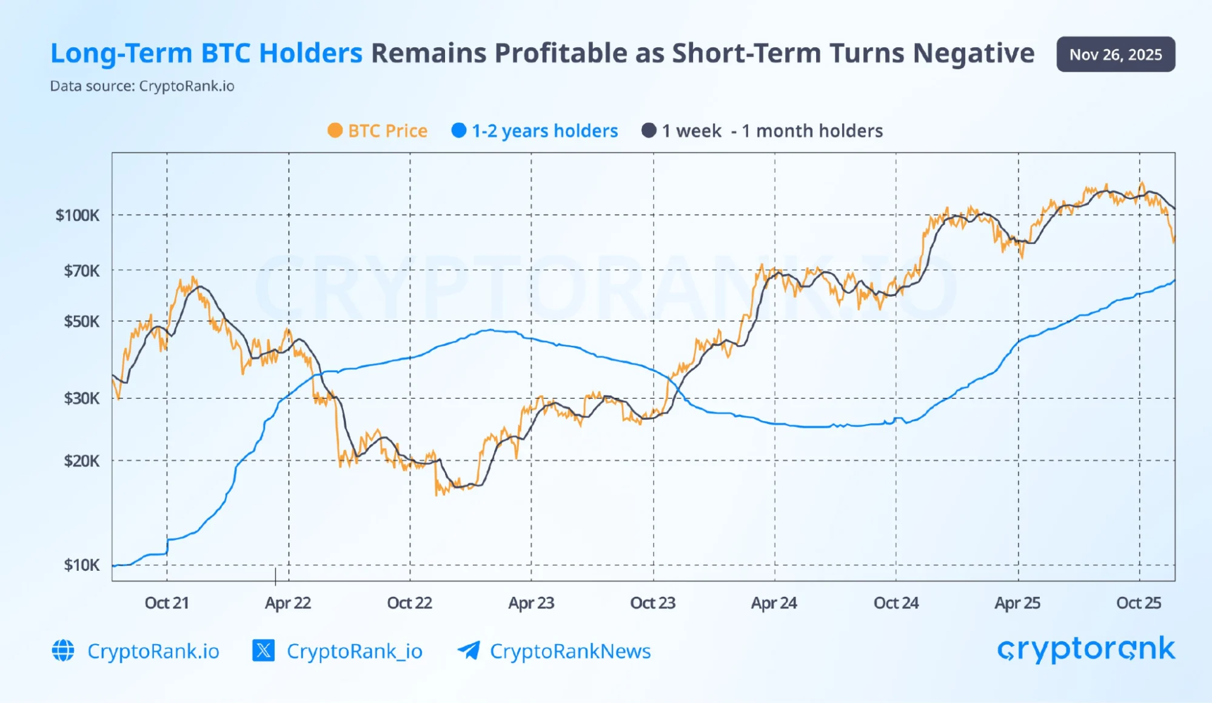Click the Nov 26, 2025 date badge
point(1115,55)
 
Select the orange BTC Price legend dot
point(335,130)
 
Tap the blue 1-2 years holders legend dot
point(459,130)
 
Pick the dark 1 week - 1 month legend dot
point(649,130)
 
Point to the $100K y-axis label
point(78,215)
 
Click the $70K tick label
point(82,271)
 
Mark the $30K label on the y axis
point(82,399)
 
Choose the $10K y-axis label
point(82,565)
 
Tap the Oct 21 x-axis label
point(167,603)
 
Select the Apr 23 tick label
point(531,603)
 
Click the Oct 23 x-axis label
point(652,603)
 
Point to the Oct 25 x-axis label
point(1139,603)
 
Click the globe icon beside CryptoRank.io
point(63,651)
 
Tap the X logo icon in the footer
point(263,651)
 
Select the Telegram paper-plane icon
point(469,651)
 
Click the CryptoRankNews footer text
point(570,651)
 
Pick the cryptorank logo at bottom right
point(1086,650)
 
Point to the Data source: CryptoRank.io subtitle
point(142,86)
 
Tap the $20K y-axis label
point(82,461)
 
